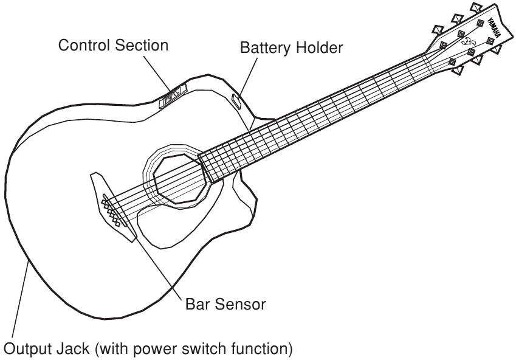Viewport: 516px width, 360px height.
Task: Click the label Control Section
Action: (113, 46)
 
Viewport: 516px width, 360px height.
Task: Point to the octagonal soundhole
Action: (177, 179)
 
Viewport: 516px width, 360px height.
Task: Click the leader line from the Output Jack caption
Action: (18, 304)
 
